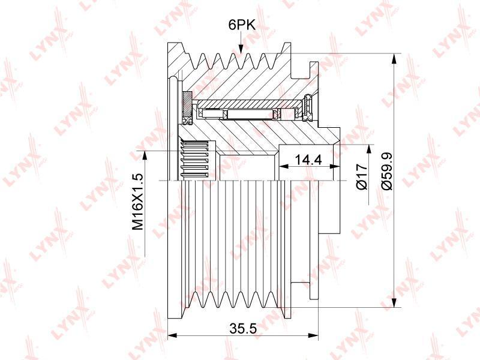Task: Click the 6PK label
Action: point(242,25)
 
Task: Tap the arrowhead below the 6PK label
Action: point(241,49)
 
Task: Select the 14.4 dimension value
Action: point(308,160)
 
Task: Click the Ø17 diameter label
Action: point(362,176)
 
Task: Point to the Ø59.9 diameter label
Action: point(387,172)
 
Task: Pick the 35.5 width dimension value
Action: point(243,329)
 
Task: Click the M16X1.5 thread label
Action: point(138,202)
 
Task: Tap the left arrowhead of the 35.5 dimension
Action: point(173,335)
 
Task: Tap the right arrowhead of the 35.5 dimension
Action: point(314,335)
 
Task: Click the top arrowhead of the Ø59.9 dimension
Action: point(395,58)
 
